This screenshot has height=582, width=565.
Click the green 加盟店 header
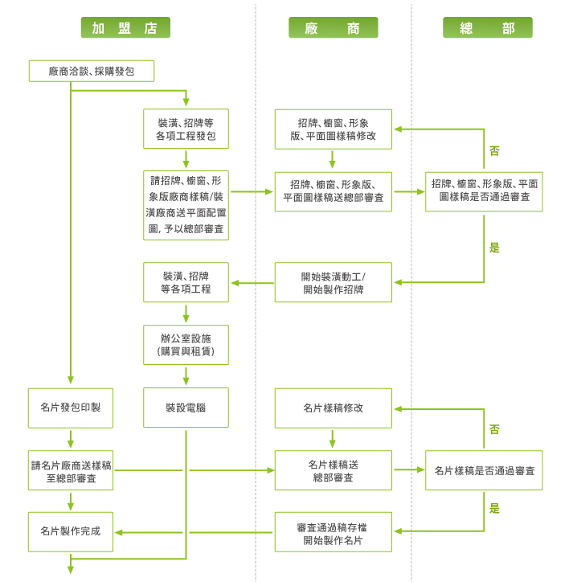(x=125, y=28)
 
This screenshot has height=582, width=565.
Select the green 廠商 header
(x=333, y=28)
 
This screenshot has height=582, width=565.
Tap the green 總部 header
(x=487, y=28)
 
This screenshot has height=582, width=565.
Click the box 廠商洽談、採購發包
(x=91, y=72)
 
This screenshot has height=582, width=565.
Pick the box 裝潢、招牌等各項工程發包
(x=186, y=129)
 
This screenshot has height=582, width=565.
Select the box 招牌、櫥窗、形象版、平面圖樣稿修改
(x=333, y=129)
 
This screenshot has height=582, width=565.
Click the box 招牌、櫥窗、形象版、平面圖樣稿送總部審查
(x=333, y=191)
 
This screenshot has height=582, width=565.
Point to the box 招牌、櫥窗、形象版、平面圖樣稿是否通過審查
(x=484, y=191)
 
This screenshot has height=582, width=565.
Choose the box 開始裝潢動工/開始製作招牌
(x=333, y=282)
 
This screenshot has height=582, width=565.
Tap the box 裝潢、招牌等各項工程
(x=186, y=282)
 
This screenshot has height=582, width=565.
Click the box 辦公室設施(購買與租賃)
(x=186, y=345)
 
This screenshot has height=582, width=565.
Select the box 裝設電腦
(x=186, y=408)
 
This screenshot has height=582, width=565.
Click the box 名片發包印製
(x=71, y=408)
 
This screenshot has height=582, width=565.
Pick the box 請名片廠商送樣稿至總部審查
(x=71, y=470)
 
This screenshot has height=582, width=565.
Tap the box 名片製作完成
(x=71, y=531)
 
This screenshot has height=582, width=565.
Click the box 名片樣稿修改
(x=333, y=408)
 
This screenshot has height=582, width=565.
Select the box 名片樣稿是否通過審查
(x=484, y=470)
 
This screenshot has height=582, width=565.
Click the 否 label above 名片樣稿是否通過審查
(x=494, y=430)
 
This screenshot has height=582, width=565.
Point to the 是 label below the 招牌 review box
(x=494, y=248)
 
